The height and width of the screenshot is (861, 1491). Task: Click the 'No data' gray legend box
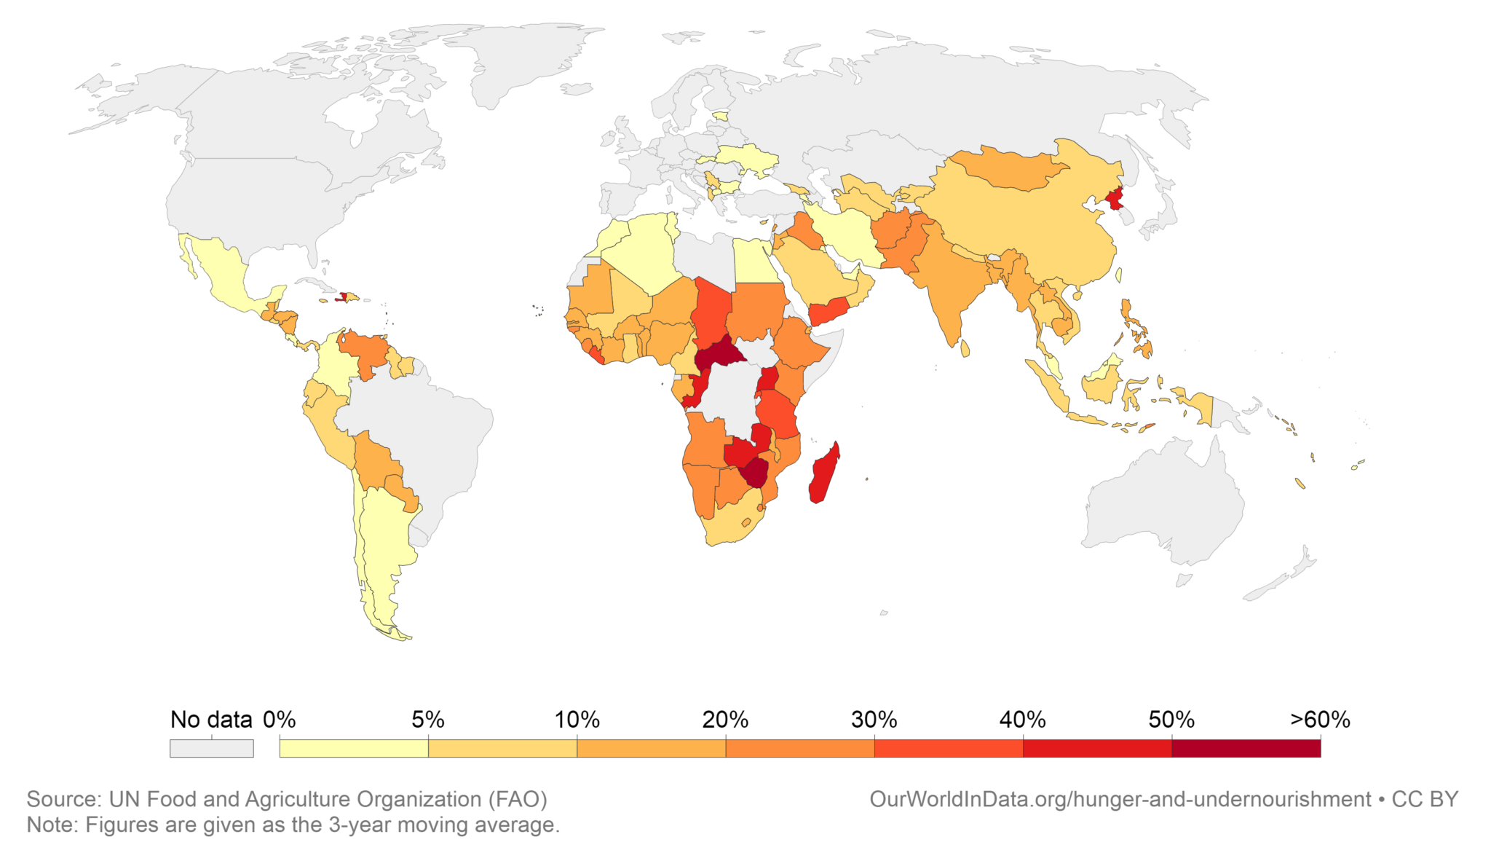[211, 748]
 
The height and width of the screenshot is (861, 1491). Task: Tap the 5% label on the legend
[427, 720]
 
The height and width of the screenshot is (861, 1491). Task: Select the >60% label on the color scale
[1319, 720]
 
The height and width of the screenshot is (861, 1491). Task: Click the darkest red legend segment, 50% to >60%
[1246, 748]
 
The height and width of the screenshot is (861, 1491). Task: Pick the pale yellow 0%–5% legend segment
[354, 748]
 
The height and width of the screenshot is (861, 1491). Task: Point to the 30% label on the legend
[874, 720]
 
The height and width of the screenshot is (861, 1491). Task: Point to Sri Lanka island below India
[965, 349]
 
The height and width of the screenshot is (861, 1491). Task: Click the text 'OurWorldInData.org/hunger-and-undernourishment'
[1120, 799]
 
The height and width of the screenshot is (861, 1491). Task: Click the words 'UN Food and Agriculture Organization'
[296, 799]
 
